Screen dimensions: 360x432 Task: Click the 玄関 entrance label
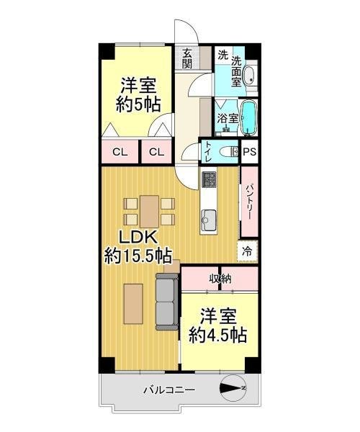tap(187, 58)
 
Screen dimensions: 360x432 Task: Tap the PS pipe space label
tap(250, 152)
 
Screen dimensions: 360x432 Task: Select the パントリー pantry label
tap(249, 202)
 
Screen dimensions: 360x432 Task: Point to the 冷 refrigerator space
tap(247, 251)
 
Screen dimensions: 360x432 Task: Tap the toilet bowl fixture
tap(229, 151)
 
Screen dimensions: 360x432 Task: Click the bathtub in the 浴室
tap(249, 117)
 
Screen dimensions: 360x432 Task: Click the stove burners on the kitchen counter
tap(209, 179)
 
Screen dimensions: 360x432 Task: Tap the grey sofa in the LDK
tap(167, 302)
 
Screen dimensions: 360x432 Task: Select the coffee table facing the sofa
tap(133, 304)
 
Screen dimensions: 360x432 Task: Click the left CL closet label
tap(120, 152)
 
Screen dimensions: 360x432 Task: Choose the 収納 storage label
tap(220, 279)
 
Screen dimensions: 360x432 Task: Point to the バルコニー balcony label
tap(169, 390)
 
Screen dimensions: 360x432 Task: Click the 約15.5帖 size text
tap(138, 256)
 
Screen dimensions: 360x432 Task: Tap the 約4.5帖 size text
tap(217, 335)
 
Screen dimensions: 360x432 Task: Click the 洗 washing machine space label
tap(222, 55)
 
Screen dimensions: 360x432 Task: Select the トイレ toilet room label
tap(209, 152)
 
